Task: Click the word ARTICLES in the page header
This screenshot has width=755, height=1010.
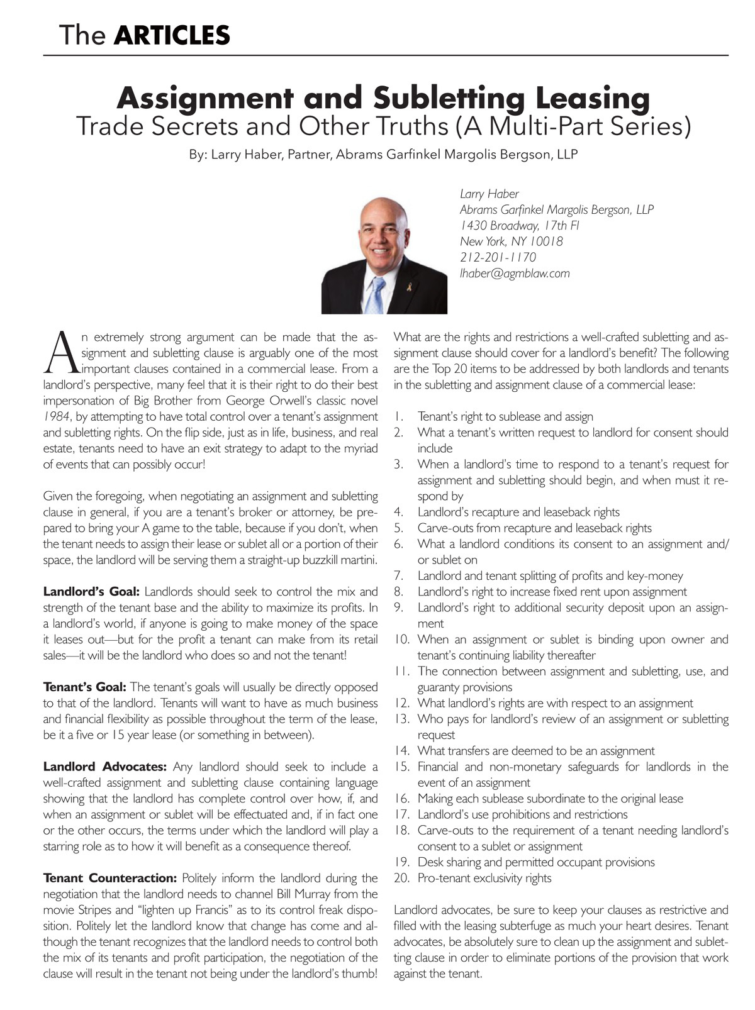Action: point(172,35)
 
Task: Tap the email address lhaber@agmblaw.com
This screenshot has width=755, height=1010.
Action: point(514,273)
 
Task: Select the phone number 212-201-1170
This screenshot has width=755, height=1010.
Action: point(498,257)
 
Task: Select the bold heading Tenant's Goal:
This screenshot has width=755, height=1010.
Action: point(84,687)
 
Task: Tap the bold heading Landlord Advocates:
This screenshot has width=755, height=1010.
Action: point(104,767)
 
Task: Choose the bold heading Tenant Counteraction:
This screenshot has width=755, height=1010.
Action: point(109,878)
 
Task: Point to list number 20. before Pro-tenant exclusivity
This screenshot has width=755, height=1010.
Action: point(402,878)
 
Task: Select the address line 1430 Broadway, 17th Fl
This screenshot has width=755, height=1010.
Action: point(519,225)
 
